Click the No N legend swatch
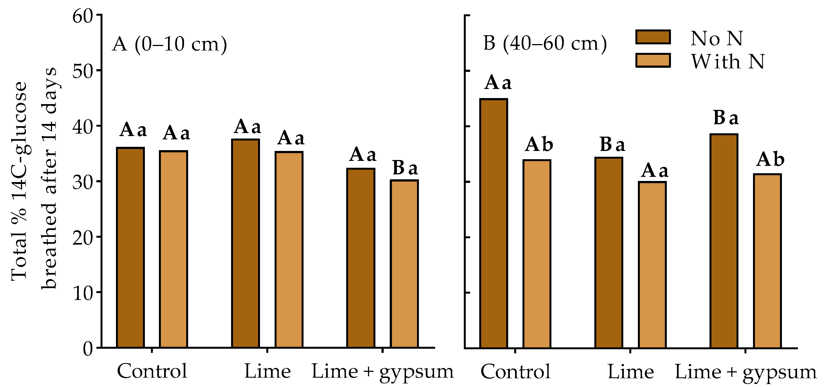click(x=652, y=37)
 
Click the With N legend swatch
click(x=652, y=61)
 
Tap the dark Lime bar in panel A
click(x=246, y=243)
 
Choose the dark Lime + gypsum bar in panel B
click(x=724, y=241)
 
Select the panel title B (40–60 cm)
click(x=545, y=43)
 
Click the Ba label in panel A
click(x=405, y=168)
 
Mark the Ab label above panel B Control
click(x=539, y=145)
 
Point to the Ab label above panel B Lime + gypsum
click(x=770, y=159)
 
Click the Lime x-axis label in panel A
click(x=267, y=371)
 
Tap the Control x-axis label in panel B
click(x=515, y=372)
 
